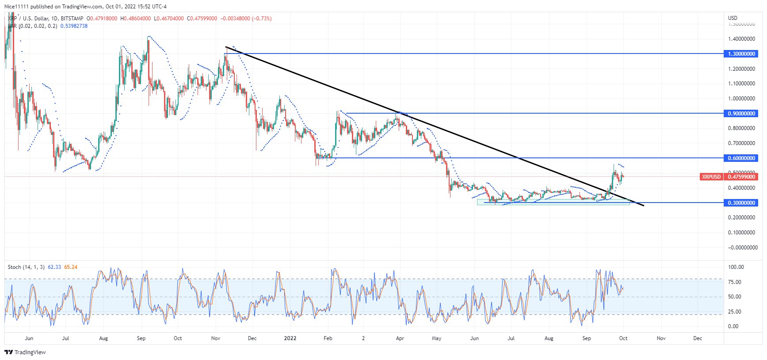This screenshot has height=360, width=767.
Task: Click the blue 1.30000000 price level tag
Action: (741, 54)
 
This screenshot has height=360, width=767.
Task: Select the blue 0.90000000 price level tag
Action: (741, 114)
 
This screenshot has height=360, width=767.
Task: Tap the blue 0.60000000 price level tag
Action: (741, 158)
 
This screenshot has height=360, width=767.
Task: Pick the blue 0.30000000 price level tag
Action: (741, 203)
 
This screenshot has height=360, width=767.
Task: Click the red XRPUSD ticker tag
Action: (711, 177)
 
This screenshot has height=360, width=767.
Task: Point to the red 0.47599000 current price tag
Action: (741, 177)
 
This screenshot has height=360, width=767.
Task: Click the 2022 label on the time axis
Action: (290, 338)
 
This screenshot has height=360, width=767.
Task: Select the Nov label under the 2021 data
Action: (216, 338)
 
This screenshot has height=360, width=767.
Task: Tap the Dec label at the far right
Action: (697, 338)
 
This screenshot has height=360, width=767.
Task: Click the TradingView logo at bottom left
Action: (25, 352)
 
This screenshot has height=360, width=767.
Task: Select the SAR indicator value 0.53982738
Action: (74, 26)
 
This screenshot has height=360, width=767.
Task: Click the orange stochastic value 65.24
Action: (71, 267)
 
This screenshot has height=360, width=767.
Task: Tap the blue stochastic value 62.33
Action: (54, 267)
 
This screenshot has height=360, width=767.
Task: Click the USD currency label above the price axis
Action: (733, 18)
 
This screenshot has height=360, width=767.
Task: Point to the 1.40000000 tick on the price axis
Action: (741, 39)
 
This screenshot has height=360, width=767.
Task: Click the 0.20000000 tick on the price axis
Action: (741, 218)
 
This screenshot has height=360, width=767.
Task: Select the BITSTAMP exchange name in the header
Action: (72, 19)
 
